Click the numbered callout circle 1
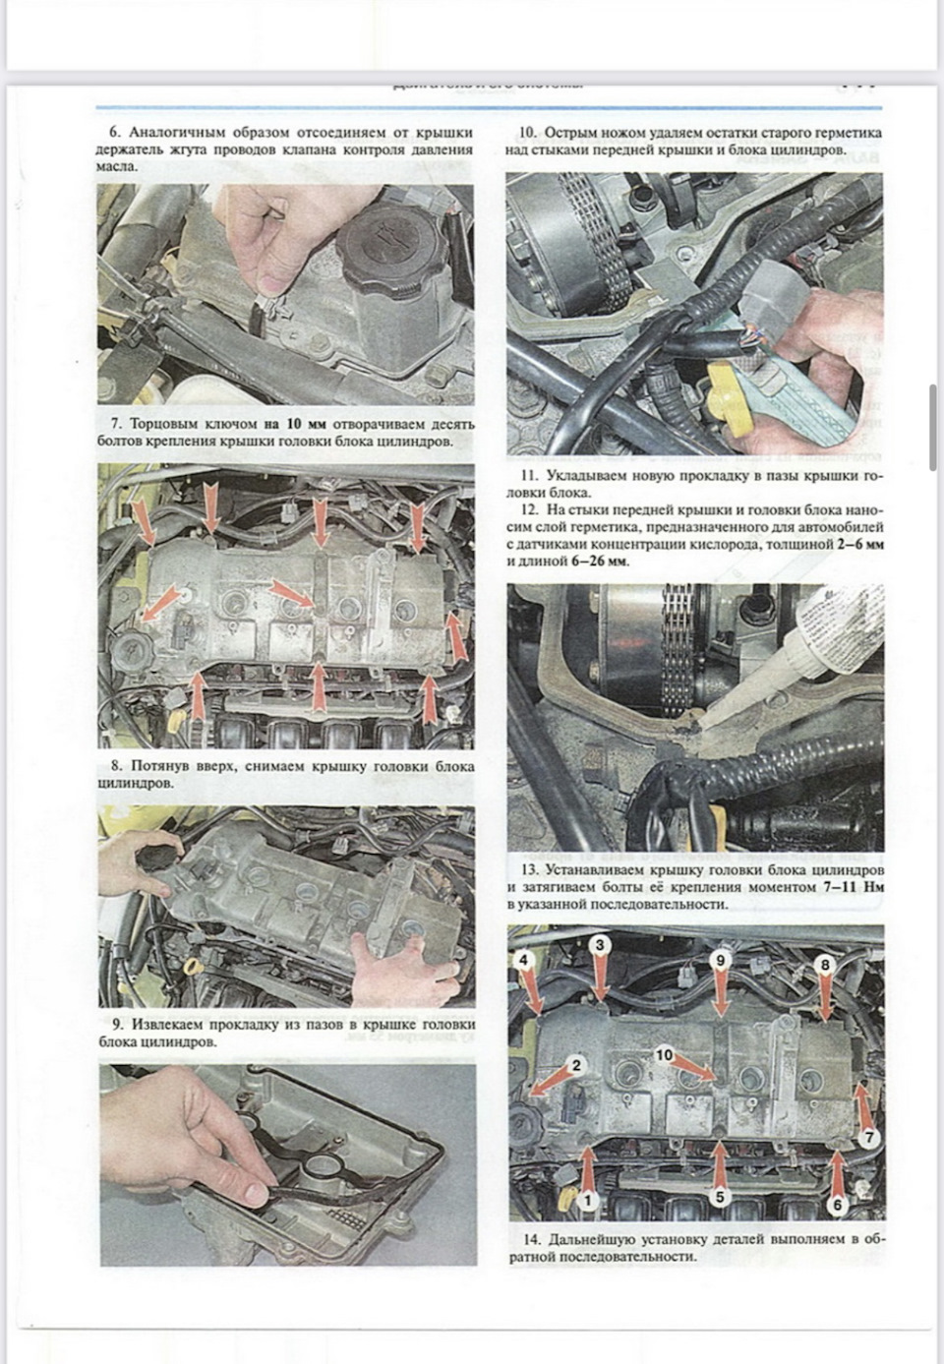coord(588,1200)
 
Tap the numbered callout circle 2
coord(577,1064)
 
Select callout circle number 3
coord(600,944)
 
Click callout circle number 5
coord(720,1198)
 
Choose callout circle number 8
coord(826,966)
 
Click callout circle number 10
coord(665,1054)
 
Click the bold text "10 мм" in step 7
coord(307,425)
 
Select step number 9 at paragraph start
coord(116,1025)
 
